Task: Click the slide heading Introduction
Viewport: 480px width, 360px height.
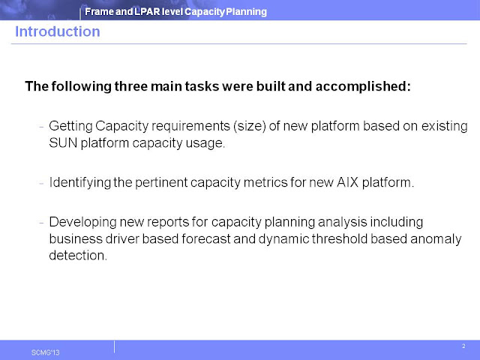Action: (x=57, y=31)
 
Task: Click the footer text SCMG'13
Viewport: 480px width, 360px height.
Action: (x=44, y=350)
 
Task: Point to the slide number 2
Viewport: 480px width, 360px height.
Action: (x=463, y=346)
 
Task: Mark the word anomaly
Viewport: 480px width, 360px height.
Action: (x=434, y=239)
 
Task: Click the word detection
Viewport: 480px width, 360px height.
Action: (x=78, y=256)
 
